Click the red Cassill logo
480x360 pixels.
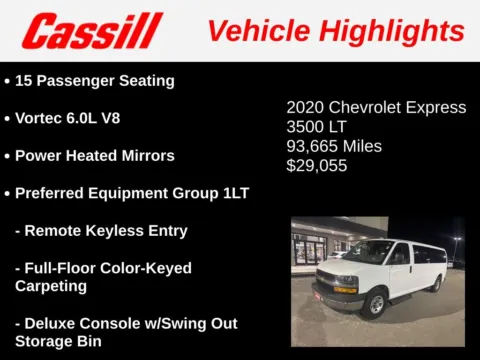click(92, 31)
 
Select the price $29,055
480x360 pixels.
click(317, 165)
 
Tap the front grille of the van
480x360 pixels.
click(333, 283)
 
